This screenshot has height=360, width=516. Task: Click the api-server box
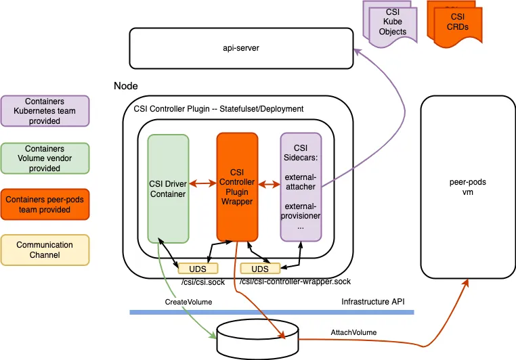coord(240,48)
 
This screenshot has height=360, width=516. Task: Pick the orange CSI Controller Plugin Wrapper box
coord(237,187)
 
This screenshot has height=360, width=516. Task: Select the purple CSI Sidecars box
coord(301,187)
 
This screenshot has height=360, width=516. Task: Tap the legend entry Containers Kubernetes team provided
coord(46,111)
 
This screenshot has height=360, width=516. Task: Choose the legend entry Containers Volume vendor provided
coord(46,158)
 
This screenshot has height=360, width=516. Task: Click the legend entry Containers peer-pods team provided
coord(46,204)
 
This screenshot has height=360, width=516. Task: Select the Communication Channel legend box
coord(46,250)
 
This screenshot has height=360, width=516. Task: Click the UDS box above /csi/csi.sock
coord(192,268)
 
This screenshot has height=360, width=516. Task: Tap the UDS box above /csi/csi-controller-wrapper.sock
coord(261,268)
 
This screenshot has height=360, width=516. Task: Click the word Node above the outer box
coord(126,87)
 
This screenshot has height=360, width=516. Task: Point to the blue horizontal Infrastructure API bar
coord(271,312)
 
